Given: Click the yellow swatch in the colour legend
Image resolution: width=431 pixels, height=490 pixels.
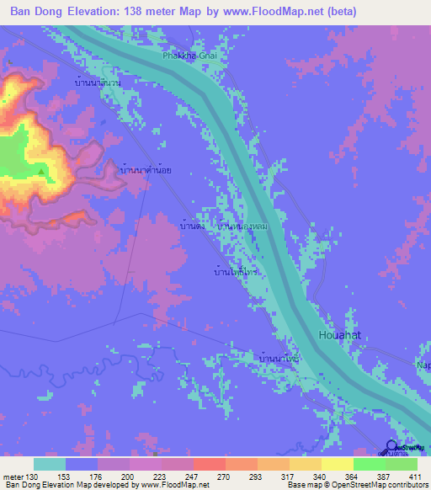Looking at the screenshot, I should pos(338,464).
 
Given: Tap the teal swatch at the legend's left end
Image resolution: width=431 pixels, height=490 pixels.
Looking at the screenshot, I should pos(50,464).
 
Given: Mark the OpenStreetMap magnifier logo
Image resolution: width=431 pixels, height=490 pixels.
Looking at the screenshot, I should pos(392,446).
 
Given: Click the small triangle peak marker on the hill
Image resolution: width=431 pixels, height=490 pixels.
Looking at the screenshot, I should pos(40,172).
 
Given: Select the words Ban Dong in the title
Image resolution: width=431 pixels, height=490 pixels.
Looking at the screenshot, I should pos(38,12).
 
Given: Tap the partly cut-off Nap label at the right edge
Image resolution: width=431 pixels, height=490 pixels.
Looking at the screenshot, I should pos(423,365).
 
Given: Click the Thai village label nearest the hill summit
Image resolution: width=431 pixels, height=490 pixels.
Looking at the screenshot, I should pos(146,170).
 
